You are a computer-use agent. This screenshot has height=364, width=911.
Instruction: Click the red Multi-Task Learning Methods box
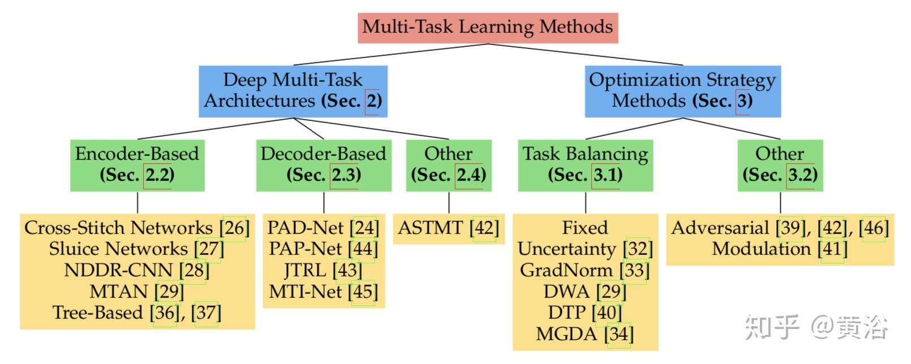point(487,27)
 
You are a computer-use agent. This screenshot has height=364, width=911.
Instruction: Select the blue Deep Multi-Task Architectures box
point(293,90)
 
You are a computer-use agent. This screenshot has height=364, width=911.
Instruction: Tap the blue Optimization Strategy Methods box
point(682,90)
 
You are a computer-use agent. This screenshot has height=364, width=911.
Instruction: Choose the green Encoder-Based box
point(137,164)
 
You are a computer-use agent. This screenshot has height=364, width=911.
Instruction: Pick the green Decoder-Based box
point(323,164)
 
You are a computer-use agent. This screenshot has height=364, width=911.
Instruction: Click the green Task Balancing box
point(585,164)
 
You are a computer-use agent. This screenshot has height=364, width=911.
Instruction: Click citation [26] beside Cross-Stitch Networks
point(234,228)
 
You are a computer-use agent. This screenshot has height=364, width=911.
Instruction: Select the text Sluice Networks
point(118,249)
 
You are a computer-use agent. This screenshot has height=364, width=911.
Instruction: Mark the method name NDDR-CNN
point(120,270)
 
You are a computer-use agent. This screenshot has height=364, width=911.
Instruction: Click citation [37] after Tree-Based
point(206,313)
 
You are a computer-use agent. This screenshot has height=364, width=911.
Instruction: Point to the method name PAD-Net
point(306,228)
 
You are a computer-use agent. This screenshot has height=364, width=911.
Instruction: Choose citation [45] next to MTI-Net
point(363,292)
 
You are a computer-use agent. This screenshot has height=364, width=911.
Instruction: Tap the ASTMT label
point(431,228)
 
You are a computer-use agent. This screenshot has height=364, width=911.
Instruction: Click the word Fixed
point(585,228)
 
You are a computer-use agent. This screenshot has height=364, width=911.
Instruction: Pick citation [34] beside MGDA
point(618,334)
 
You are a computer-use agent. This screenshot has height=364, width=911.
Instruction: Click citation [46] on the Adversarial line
point(874,228)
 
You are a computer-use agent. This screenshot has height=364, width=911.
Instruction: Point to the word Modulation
point(761,249)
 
